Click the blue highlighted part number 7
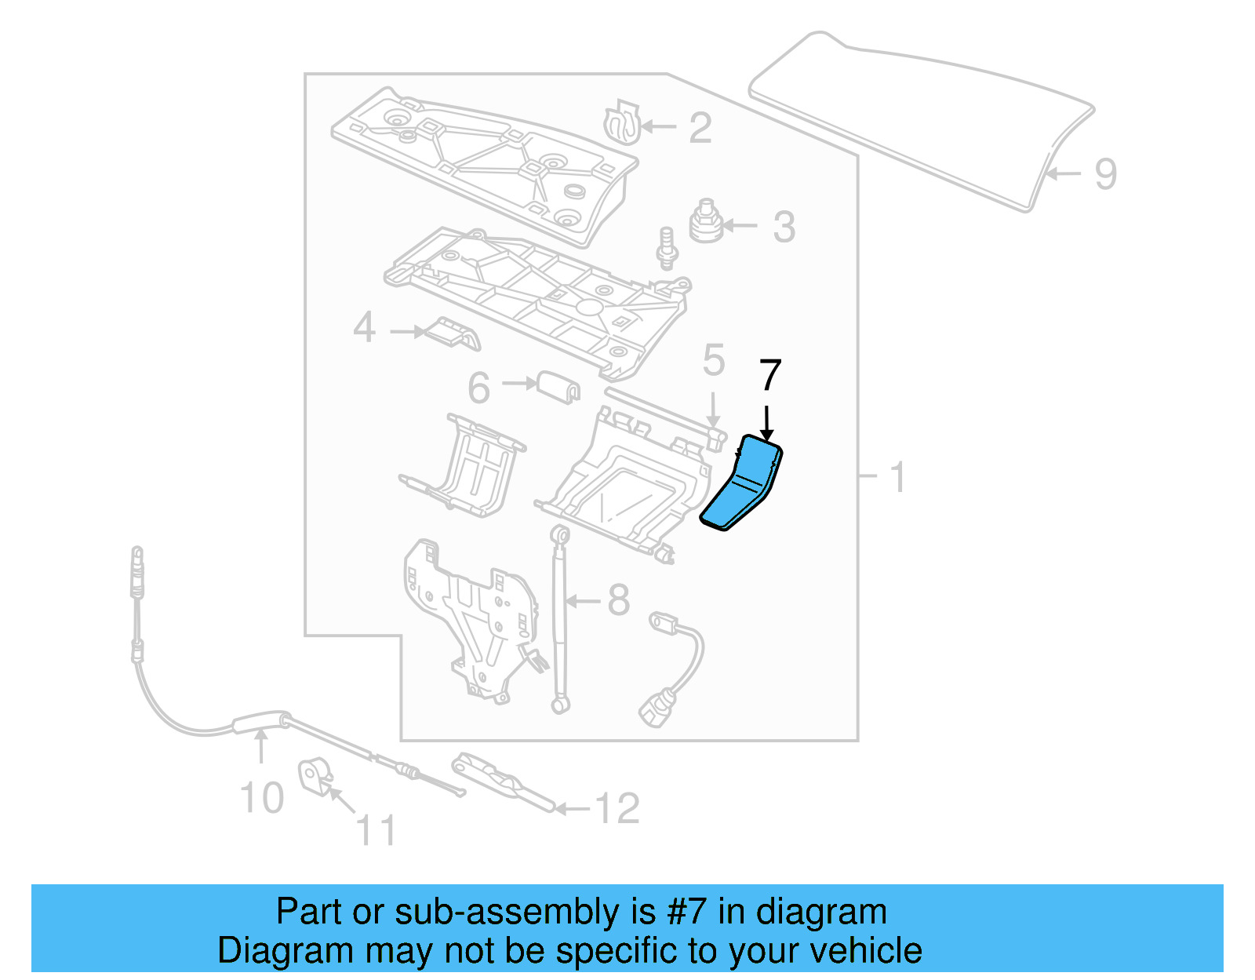[x=740, y=486]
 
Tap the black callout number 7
[x=769, y=376]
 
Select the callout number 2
[x=700, y=128]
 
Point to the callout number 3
[x=784, y=227]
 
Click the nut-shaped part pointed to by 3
[x=706, y=222]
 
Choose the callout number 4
[x=364, y=327]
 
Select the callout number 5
[x=713, y=360]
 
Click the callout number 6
[x=478, y=388]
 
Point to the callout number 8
[x=619, y=600]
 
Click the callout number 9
[x=1105, y=173]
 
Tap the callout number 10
[x=261, y=798]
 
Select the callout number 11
[x=376, y=830]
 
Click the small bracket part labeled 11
[x=314, y=774]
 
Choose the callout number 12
[x=618, y=808]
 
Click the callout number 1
[x=898, y=477]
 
